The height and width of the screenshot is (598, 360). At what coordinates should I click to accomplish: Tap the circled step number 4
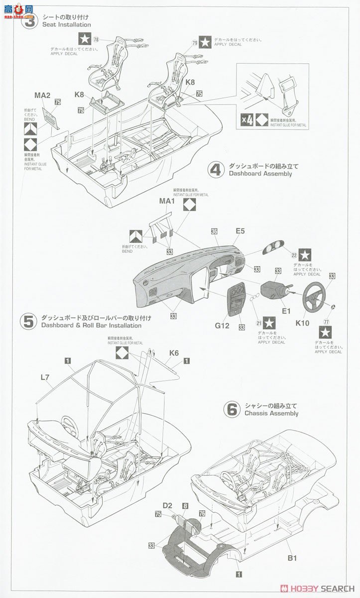(216, 170)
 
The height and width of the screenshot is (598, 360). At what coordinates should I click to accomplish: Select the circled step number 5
(28, 321)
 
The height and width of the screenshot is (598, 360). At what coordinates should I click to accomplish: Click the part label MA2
(42, 95)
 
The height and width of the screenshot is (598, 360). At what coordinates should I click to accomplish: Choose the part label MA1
(167, 201)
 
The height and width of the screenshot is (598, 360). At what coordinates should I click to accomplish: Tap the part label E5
(240, 231)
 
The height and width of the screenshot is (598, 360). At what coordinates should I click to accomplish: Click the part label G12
(222, 325)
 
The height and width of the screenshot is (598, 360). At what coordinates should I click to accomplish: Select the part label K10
(302, 323)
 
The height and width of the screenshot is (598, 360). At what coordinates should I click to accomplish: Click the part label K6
(173, 353)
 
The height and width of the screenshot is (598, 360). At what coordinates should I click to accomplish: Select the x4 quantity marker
(247, 120)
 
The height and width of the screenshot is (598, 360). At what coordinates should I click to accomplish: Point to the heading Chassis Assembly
(271, 413)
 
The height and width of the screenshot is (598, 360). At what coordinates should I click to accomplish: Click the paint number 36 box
(214, 231)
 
